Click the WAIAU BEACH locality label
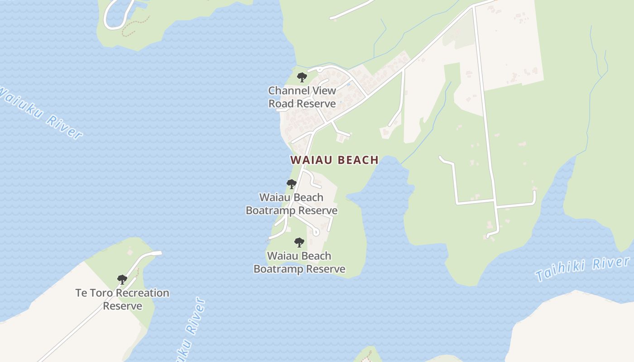[x=334, y=160]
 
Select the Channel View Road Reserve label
[x=302, y=97]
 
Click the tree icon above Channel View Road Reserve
[x=302, y=77]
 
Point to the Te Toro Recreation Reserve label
[x=122, y=299]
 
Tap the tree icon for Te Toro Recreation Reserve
[x=122, y=280]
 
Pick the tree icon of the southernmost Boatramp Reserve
[x=299, y=243]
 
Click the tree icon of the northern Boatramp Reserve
[x=291, y=184]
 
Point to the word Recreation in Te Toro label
[x=142, y=293]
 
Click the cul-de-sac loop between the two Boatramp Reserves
[x=316, y=233]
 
